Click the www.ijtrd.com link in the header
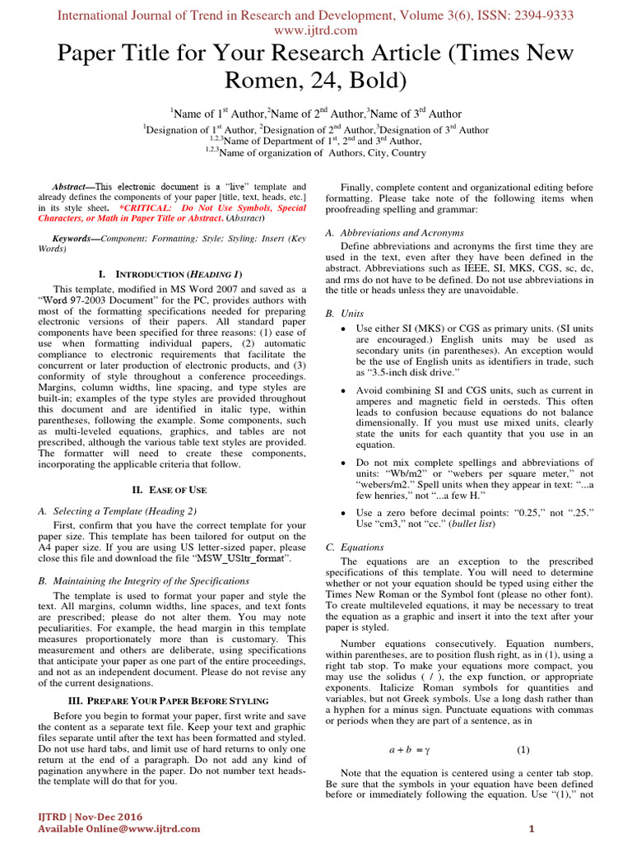(x=315, y=30)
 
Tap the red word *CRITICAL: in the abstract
(x=144, y=209)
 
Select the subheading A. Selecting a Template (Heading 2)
(x=118, y=510)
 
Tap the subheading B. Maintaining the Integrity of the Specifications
(x=155, y=580)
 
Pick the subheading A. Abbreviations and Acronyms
(x=395, y=233)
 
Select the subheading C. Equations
(x=354, y=547)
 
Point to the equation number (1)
(x=523, y=750)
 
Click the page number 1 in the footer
(x=532, y=828)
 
